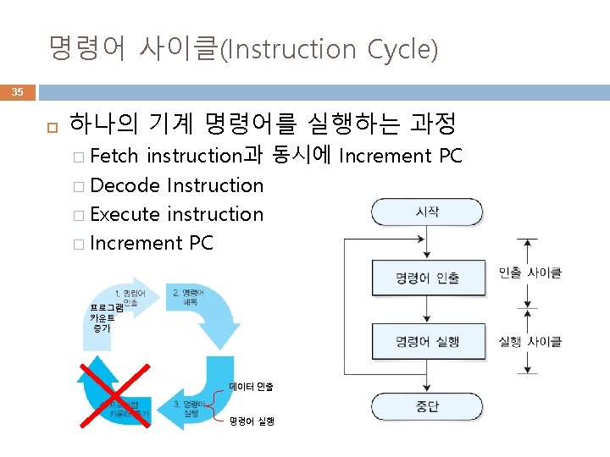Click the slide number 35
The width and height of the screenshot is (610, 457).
tap(18, 92)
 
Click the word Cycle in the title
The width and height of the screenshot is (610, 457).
tap(402, 50)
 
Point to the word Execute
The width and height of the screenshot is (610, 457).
tap(125, 214)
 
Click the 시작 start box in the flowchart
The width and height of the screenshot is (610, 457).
tap(427, 212)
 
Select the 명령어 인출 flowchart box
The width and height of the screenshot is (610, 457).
tap(427, 278)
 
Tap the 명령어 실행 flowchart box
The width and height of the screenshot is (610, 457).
tap(427, 341)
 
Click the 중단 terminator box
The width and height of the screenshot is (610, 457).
tap(427, 406)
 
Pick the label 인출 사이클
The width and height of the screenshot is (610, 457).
tap(530, 273)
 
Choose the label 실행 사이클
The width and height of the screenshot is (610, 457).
tap(530, 342)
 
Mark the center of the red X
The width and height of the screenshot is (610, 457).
tap(114, 398)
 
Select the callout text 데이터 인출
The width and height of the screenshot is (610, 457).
tap(251, 387)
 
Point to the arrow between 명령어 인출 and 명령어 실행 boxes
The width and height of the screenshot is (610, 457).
tap(427, 310)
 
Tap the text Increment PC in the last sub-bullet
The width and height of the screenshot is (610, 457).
tap(151, 244)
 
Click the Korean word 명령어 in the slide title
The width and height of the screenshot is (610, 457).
tap(85, 48)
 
